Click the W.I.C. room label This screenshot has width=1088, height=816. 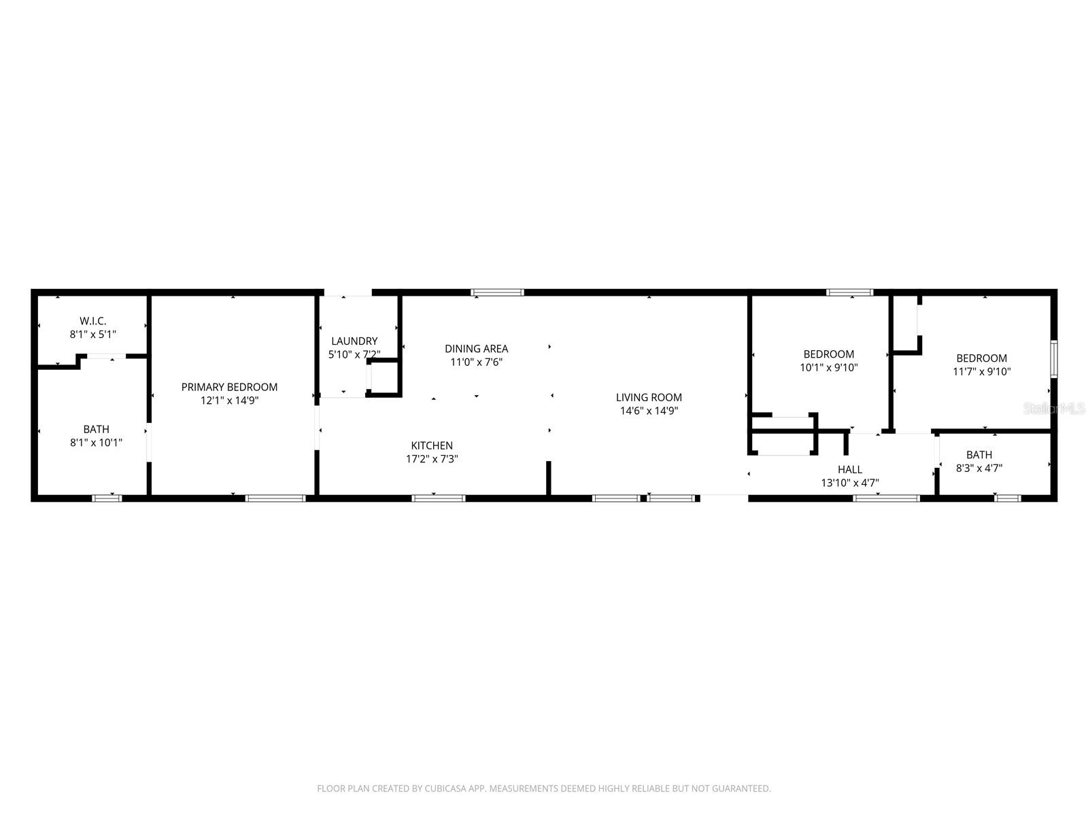92,320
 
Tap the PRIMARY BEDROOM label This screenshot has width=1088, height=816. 229,387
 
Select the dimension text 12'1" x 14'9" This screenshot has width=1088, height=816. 229,401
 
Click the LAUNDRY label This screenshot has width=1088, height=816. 354,341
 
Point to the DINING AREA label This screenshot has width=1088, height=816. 476,349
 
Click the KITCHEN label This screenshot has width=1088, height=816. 432,445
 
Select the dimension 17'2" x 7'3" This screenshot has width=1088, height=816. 432,459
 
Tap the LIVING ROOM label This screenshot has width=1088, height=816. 649,397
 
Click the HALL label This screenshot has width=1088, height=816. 850,469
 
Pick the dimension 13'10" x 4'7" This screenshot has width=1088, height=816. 850,483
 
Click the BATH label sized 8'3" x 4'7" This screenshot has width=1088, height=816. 979,455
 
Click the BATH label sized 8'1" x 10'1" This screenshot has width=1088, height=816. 96,429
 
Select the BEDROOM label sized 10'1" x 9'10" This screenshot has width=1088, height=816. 829,354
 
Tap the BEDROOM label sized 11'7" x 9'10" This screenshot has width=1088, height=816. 981,358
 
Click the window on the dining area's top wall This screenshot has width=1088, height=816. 498,293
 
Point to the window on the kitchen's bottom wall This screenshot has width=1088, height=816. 439,498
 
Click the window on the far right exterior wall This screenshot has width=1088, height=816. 1053,359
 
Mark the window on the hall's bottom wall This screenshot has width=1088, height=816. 886,498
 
